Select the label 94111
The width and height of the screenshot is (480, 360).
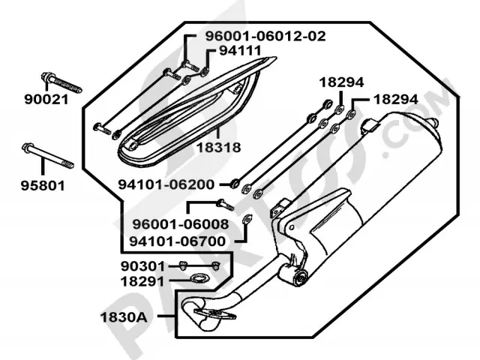[x=241, y=51]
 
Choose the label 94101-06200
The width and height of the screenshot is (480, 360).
[x=166, y=184]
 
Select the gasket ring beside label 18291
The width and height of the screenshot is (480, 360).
[x=199, y=280]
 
